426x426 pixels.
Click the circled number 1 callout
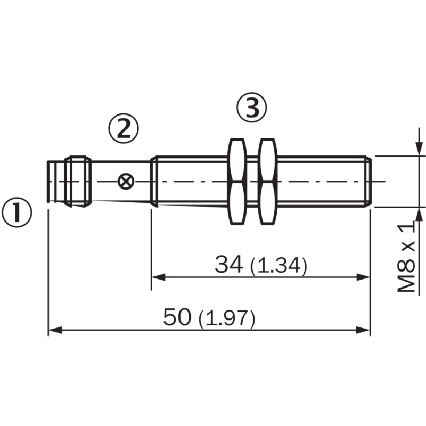[17, 212]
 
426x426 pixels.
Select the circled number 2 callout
[124, 128]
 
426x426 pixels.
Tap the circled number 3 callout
[251, 109]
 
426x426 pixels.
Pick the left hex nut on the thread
[236, 181]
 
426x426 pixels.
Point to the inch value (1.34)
[278, 265]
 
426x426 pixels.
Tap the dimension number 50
[177, 318]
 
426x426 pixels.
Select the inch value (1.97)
[226, 319]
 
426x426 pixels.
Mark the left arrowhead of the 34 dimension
[158, 277]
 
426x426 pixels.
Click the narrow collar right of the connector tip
[78, 181]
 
